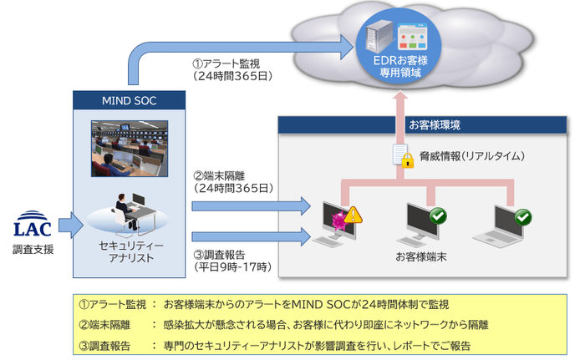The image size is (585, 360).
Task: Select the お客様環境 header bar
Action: (x=426, y=124)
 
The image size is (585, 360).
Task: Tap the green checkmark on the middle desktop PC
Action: (x=437, y=215)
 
